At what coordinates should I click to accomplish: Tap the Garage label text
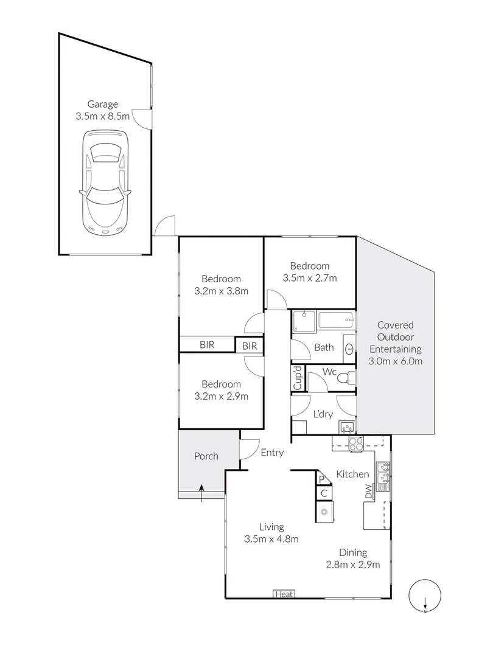[x=102, y=104]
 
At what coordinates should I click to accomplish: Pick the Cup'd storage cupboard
[x=298, y=378]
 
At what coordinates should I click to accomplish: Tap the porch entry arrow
[x=201, y=493]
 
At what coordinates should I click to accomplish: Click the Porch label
[x=206, y=456]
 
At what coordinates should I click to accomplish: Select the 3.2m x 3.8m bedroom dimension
[x=221, y=291]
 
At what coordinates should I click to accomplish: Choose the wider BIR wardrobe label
[x=207, y=345]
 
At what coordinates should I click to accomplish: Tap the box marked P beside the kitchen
[x=323, y=479]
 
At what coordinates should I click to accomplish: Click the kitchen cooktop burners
[x=354, y=443]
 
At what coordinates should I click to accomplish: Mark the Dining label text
[x=353, y=553]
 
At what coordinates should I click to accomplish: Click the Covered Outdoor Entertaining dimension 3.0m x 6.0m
[x=395, y=361]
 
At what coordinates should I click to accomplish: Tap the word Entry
[x=272, y=453]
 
